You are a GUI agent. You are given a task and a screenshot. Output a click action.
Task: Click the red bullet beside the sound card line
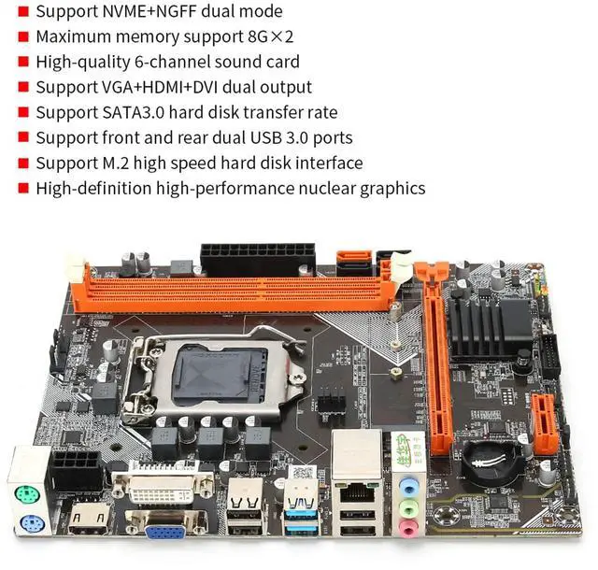point(22,63)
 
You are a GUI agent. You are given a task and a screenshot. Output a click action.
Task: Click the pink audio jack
point(408,529)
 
